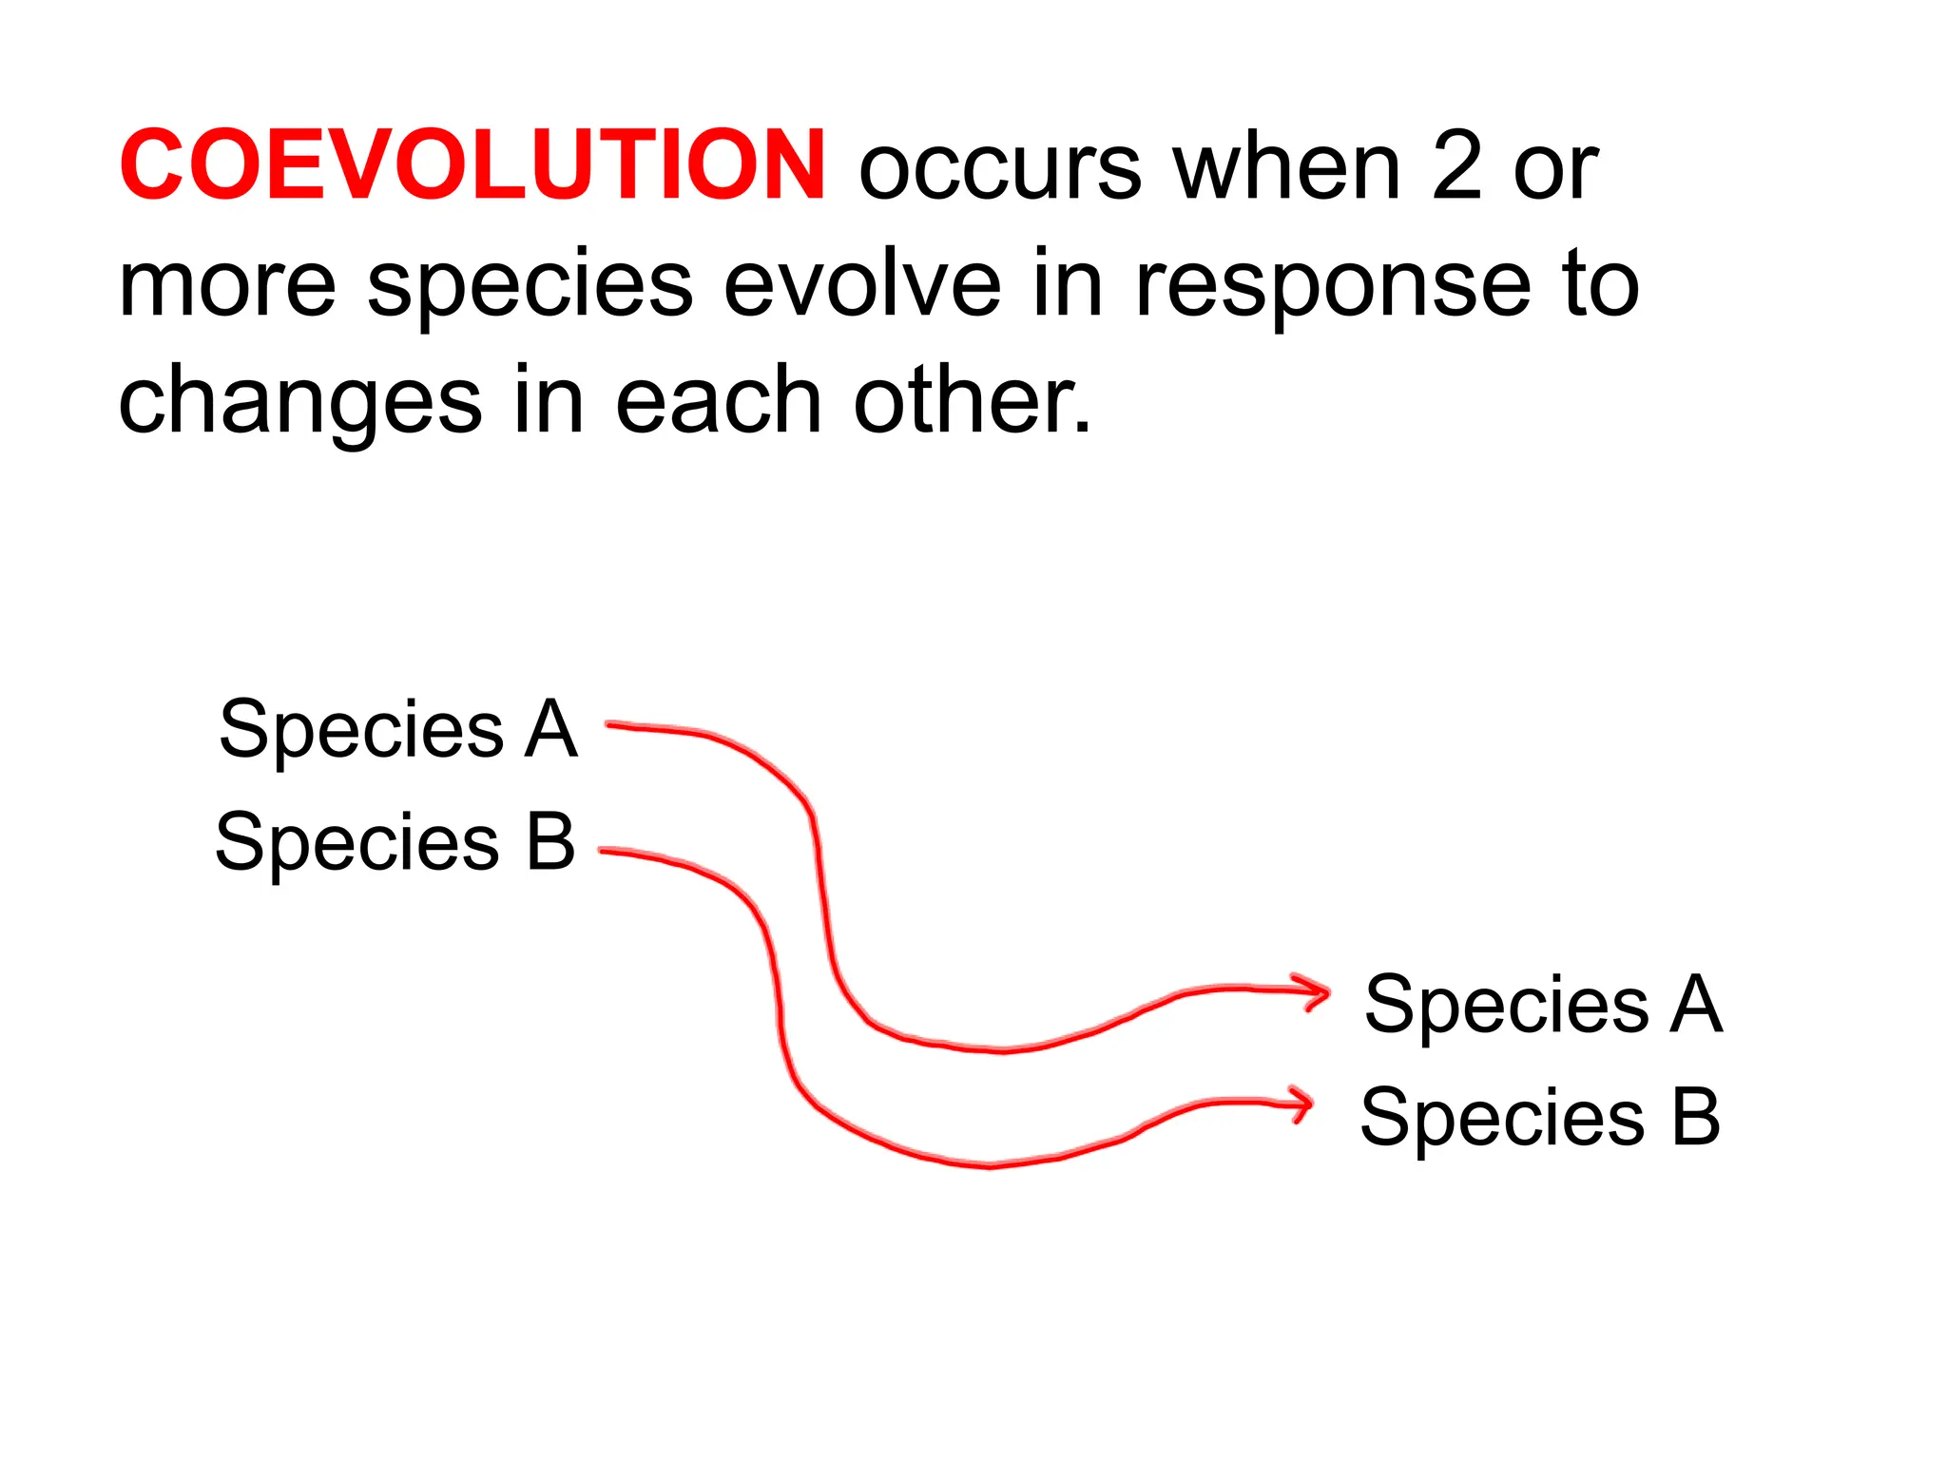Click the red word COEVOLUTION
click(472, 166)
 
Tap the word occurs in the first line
click(999, 169)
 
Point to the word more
click(227, 285)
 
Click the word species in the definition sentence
click(530, 285)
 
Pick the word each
click(718, 400)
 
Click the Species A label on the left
click(397, 730)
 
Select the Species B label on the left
click(395, 842)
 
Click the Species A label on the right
click(1542, 1006)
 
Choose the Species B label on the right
click(1540, 1118)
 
